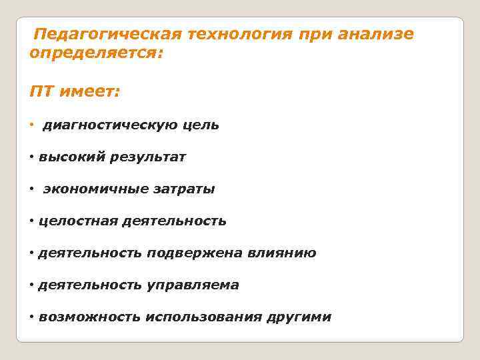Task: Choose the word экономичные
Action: [91, 189]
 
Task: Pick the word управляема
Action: [193, 285]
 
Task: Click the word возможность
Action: [89, 317]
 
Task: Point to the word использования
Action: [203, 317]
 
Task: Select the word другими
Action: [299, 317]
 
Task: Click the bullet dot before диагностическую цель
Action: [33, 125]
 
